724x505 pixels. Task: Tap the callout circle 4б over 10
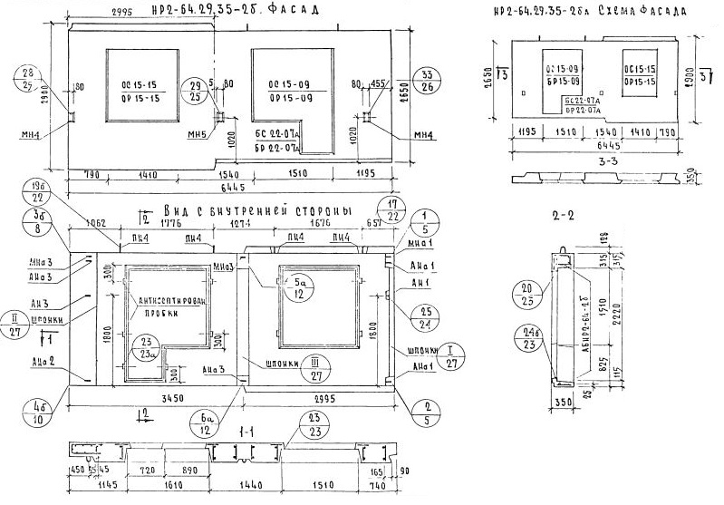(39, 412)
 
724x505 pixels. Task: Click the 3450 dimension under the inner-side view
(156, 398)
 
